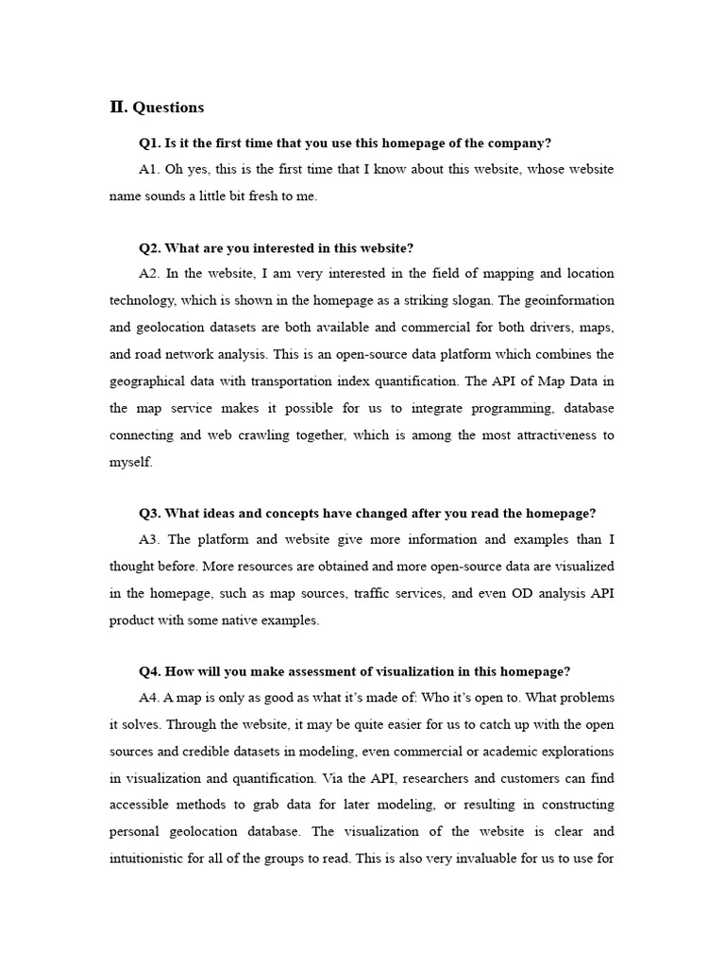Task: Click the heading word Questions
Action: [x=168, y=108]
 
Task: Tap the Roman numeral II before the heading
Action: [x=118, y=107]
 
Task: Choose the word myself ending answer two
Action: [x=129, y=463]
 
